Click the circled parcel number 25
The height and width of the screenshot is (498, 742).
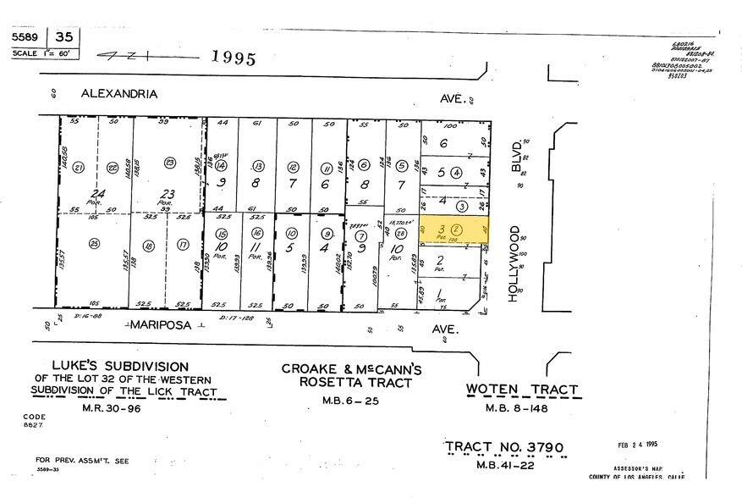93,245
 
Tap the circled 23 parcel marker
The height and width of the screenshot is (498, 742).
169,163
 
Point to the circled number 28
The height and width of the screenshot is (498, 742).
400,234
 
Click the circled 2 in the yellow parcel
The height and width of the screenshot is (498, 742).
456,229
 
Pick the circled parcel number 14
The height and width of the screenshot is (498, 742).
221,166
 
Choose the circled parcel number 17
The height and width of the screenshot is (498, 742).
183,246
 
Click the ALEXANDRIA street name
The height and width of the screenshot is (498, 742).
118,94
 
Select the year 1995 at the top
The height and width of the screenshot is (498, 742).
233,58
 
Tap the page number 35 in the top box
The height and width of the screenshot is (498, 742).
64,38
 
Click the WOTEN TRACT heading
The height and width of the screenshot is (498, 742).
523,390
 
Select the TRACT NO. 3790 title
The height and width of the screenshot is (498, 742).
503,446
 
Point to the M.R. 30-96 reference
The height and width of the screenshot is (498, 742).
124,408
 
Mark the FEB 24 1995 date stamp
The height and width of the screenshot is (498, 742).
643,443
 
